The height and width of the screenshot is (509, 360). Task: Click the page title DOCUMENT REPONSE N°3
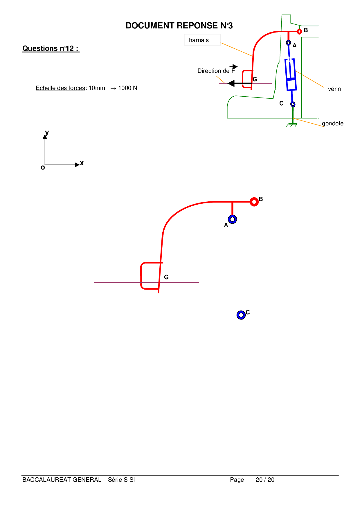click(x=179, y=26)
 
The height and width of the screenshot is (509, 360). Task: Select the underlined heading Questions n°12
click(x=51, y=48)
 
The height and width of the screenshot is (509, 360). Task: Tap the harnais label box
click(x=202, y=40)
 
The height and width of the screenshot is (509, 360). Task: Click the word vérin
click(x=334, y=89)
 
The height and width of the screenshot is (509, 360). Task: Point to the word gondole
click(x=332, y=123)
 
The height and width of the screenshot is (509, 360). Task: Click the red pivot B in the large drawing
click(x=254, y=202)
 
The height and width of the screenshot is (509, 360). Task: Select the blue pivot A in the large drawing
click(x=232, y=219)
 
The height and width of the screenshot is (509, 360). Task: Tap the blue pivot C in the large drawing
click(x=241, y=315)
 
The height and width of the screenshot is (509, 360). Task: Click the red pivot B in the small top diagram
click(x=299, y=31)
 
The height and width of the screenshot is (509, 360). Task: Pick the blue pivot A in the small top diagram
click(x=288, y=43)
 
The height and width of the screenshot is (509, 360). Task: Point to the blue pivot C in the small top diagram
click(x=293, y=104)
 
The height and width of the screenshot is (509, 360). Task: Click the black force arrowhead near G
click(x=231, y=84)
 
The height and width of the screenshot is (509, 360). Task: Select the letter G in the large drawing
click(x=166, y=277)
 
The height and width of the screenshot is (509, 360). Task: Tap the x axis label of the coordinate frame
click(x=82, y=163)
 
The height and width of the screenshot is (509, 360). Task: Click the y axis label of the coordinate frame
click(x=47, y=133)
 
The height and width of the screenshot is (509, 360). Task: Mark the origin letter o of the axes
click(x=43, y=167)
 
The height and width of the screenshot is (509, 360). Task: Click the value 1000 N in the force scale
click(x=128, y=88)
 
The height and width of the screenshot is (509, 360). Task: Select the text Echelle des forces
click(x=60, y=88)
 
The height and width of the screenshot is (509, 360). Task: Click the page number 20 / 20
click(x=265, y=480)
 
